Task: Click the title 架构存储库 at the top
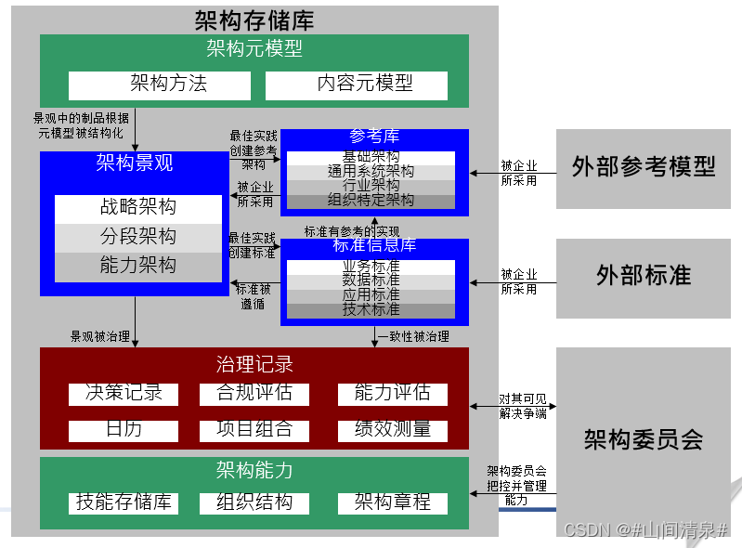click(254, 20)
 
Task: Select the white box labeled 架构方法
click(160, 85)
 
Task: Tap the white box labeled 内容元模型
click(364, 85)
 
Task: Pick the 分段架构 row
click(137, 237)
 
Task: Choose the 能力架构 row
click(137, 266)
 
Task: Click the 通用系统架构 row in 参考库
click(371, 172)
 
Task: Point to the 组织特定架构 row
click(371, 201)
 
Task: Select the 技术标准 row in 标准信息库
click(371, 309)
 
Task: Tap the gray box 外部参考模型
click(644, 168)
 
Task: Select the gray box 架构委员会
click(644, 440)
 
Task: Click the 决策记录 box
click(124, 394)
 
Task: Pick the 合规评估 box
click(254, 394)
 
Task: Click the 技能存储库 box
click(124, 503)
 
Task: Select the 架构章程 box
click(392, 503)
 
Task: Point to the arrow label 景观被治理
click(99, 336)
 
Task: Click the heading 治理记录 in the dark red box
click(254, 364)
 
